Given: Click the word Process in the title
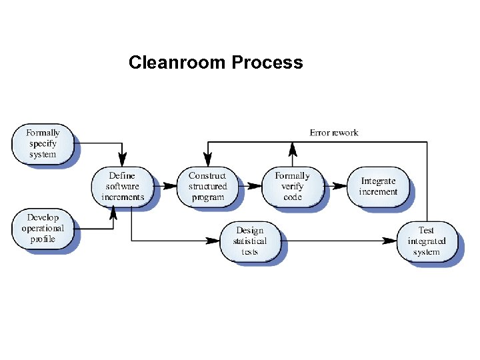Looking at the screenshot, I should tap(267, 63).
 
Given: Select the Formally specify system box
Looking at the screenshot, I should tap(43, 143).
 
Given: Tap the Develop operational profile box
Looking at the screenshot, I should tap(43, 229).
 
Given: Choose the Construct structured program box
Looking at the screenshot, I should tap(207, 187).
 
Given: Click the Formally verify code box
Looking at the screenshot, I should tap(292, 187).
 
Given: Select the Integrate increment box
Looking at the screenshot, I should tap(378, 187).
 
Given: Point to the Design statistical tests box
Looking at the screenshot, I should tap(249, 241).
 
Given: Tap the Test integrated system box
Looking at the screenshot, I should tap(426, 241).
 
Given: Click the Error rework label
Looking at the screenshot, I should tap(334, 133).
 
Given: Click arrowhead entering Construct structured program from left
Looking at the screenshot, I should tap(173, 186).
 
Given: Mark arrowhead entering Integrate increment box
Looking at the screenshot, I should tap(343, 186).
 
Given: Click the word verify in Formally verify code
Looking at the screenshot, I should tap(292, 187).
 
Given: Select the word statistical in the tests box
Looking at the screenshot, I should tap(249, 241).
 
